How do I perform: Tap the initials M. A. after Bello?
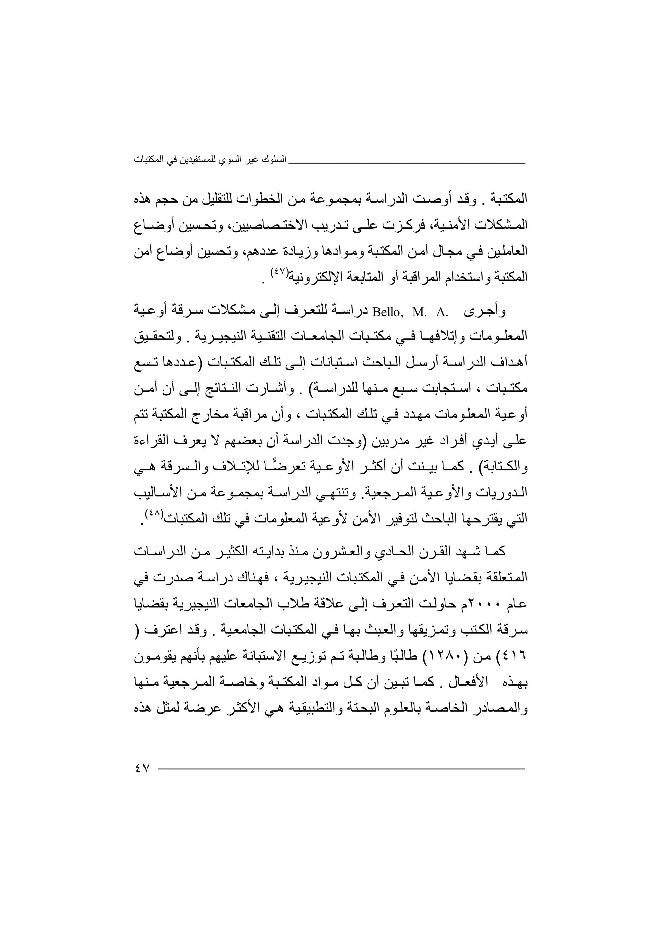[x=430, y=313]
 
